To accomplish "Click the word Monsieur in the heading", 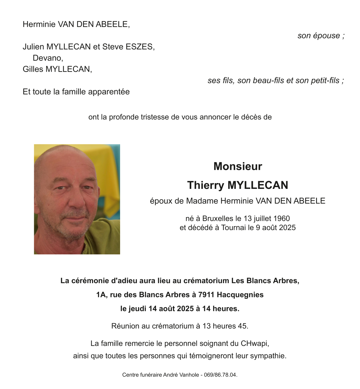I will click(x=238, y=166).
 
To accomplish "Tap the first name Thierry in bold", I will click(x=206, y=185).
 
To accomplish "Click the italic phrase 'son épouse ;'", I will click(x=321, y=36).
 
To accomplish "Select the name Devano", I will click(x=47, y=58).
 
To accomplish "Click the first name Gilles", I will click(x=33, y=69).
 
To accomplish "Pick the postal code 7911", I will click(x=206, y=295).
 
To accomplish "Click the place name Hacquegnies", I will click(x=240, y=295).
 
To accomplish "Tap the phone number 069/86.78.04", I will click(x=220, y=375).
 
